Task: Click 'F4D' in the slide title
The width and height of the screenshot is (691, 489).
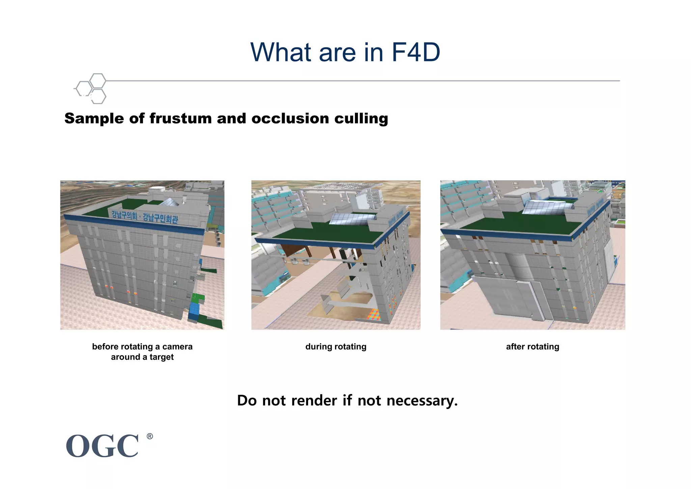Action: coord(416,53)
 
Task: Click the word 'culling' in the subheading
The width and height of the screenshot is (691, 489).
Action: coord(361,119)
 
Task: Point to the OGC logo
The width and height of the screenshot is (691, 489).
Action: coord(102,446)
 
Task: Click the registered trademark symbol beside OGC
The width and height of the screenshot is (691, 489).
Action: coord(150,436)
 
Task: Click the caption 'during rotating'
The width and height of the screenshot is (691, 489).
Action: coord(336,347)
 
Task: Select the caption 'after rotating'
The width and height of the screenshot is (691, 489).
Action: coord(532,347)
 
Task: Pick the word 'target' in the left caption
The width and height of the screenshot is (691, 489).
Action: coord(161,357)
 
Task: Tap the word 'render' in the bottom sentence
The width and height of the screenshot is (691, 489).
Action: coord(314,401)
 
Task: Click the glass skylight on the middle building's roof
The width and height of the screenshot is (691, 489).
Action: coord(351,219)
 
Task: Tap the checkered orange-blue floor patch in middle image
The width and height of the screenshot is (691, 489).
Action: coord(374,314)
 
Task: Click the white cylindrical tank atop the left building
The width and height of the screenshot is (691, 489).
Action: coord(157,190)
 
